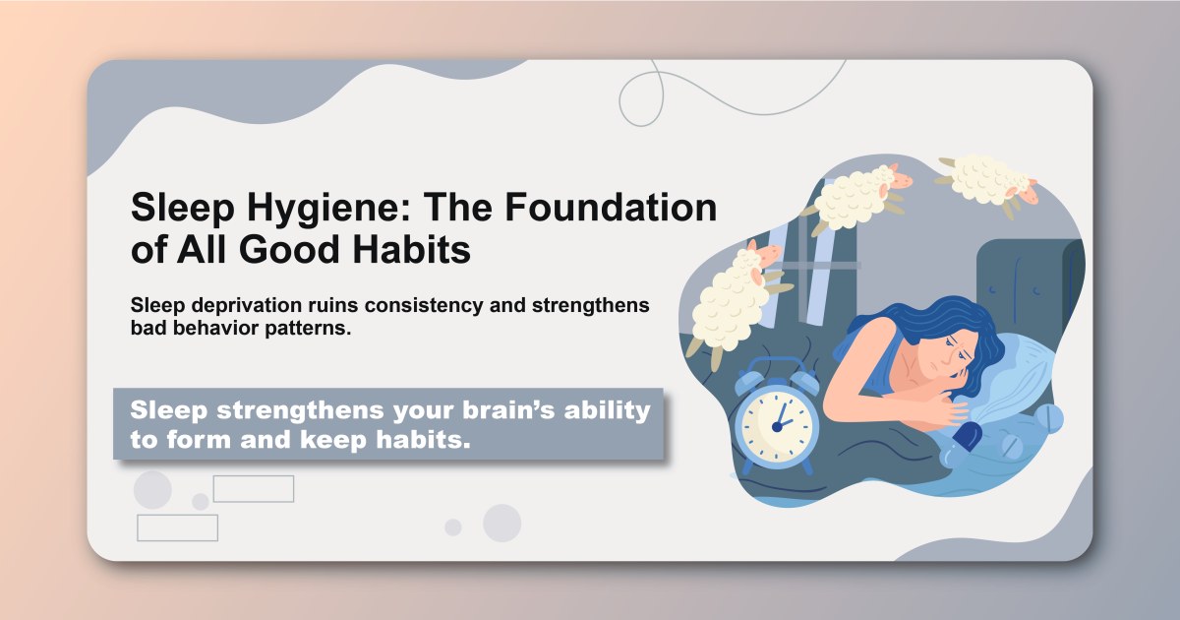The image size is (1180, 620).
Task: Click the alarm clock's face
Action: pos(777,422)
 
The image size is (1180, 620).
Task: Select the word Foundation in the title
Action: pos(610,209)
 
